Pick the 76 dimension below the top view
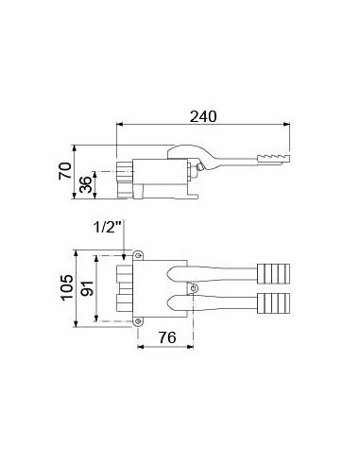167,337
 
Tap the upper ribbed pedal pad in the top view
271,275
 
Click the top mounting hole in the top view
138,255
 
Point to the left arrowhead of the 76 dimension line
141,346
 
